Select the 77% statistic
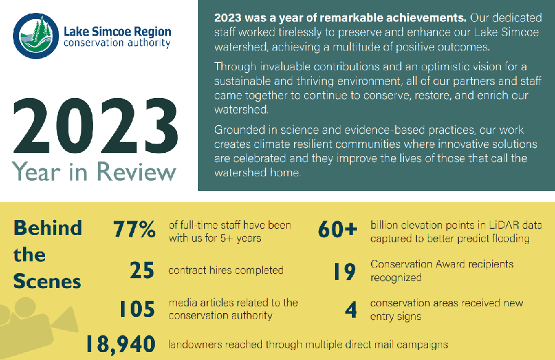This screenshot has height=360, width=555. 134,229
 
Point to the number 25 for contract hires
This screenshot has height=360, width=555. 142,271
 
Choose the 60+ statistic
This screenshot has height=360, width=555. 338,229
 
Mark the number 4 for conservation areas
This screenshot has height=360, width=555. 351,310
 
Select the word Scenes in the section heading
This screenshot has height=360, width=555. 47,282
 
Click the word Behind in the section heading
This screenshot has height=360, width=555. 47,228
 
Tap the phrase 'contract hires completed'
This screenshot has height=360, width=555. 226,270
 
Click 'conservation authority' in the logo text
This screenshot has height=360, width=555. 117,44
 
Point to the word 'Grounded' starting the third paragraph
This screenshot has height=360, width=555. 238,131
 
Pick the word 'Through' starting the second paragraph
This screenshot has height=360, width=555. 234,67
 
